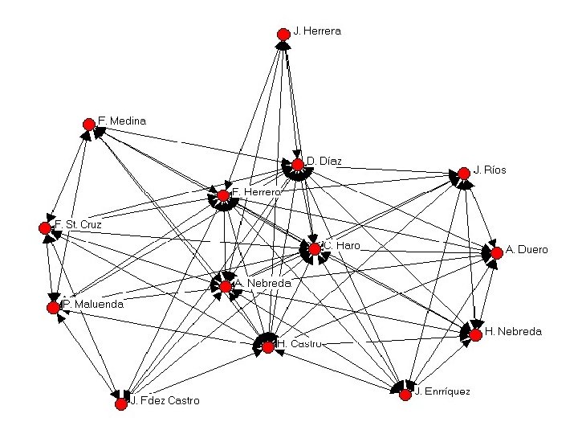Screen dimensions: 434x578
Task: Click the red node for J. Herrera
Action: coord(283,34)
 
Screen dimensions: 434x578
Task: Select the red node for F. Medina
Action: coord(88,124)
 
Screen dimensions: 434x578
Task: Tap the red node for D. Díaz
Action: coord(298,165)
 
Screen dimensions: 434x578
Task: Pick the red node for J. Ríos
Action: coord(463,173)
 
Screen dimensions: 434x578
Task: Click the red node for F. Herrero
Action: coord(223,195)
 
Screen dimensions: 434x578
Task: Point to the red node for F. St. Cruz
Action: coord(45,227)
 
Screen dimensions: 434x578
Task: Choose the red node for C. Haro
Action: coord(315,249)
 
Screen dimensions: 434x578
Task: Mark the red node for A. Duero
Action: coord(497,252)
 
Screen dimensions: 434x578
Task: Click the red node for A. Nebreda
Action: coord(226,286)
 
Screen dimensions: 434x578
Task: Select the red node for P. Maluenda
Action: coord(54,307)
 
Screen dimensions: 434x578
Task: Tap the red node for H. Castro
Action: coord(267,347)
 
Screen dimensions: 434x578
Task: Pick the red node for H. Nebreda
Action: coord(475,334)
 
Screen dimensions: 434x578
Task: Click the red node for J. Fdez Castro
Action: coord(121,403)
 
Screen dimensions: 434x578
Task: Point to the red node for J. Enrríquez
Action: coord(405,394)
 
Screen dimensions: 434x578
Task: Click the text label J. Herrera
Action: coord(317,31)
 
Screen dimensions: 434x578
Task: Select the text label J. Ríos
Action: coord(490,170)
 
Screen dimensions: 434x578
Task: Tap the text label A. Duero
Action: coord(527,250)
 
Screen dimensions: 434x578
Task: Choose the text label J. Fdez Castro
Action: coord(165,401)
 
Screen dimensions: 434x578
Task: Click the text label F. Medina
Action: coord(122,121)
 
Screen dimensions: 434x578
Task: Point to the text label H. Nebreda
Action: coord(514,331)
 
